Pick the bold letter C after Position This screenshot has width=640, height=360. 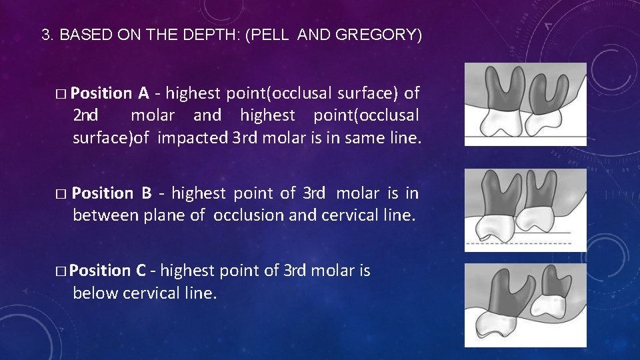pos(141,271)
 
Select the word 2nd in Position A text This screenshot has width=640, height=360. pos(86,115)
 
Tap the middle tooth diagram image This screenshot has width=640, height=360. pos(525,209)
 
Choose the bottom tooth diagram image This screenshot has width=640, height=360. pos(525,305)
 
